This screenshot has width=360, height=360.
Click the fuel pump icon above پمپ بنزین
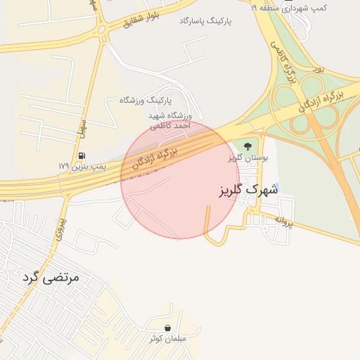(82, 156)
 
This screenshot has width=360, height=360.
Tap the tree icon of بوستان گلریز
(247, 147)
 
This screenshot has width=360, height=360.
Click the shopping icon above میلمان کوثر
(167, 328)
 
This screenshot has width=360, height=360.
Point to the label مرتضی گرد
(52, 278)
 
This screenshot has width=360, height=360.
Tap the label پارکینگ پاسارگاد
(205, 22)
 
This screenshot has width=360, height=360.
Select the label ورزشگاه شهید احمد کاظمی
(169, 120)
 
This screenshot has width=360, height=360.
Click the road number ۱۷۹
(65, 166)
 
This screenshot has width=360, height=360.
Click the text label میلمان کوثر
(167, 339)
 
